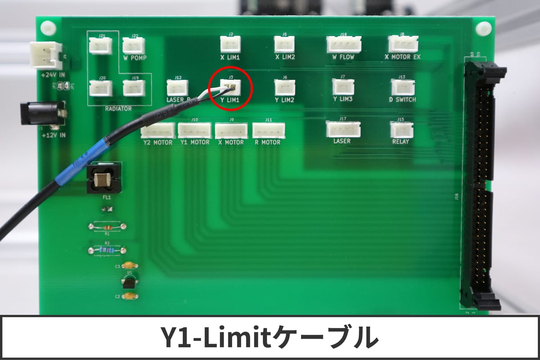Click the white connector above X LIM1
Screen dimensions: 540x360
(230, 44)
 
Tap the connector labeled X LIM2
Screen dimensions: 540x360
(284, 44)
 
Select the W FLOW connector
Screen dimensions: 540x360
(344, 44)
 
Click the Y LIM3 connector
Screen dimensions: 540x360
(343, 87)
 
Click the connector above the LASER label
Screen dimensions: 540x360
(342, 130)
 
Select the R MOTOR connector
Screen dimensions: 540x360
(269, 130)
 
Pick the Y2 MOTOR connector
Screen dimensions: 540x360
(157, 130)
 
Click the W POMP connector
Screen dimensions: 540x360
(134, 46)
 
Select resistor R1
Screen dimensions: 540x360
(107, 226)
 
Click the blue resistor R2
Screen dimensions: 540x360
(107, 250)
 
